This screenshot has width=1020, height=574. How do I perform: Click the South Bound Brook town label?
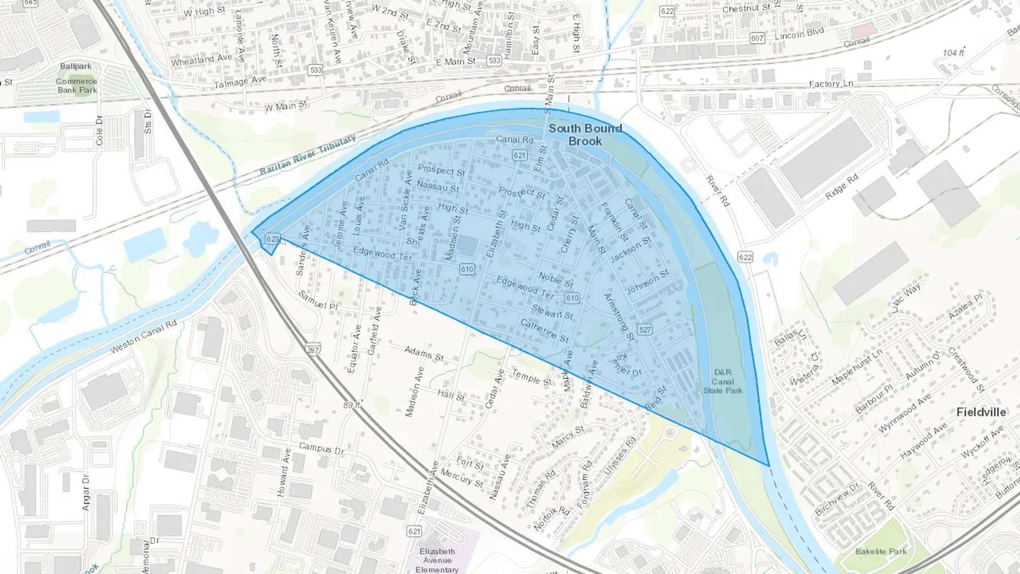point(585,135)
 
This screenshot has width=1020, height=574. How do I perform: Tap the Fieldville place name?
point(981,412)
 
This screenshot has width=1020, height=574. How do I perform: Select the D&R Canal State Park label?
point(722,381)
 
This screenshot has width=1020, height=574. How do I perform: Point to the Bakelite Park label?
point(881,551)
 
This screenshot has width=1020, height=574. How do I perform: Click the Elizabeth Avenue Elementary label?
point(437,560)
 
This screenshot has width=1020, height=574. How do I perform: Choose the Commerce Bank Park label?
point(76,86)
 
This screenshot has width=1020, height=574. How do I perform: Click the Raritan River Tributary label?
point(308,155)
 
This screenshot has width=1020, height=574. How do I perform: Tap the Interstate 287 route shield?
point(312,350)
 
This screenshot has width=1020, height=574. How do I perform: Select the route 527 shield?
point(645,330)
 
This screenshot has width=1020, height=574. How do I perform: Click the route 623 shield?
point(273,239)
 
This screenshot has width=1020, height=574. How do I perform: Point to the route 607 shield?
point(757,38)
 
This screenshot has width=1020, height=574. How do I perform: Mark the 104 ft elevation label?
point(953,53)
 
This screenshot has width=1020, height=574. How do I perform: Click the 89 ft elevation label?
point(351,405)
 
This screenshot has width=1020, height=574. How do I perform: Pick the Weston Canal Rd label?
point(143,337)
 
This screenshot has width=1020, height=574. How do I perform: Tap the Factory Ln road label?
point(831,84)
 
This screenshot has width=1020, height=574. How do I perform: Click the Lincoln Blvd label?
point(799,33)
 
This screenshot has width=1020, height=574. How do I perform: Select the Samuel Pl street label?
point(318,300)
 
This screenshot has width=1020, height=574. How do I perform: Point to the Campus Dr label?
point(321,448)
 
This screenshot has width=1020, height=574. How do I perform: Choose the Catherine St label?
point(545,331)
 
